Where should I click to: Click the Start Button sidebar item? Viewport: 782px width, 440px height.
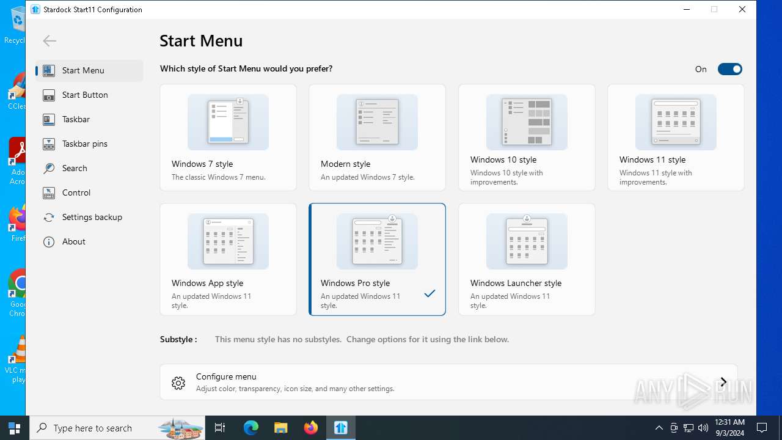(x=84, y=95)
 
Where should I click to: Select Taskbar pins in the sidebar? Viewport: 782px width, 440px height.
(x=84, y=144)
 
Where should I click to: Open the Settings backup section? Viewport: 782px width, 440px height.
(x=92, y=217)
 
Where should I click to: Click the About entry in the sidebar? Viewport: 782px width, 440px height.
(x=73, y=241)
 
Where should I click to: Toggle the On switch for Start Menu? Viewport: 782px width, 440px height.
(x=729, y=69)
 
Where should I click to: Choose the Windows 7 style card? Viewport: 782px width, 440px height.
(x=228, y=137)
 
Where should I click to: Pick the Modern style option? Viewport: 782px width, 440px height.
(x=377, y=137)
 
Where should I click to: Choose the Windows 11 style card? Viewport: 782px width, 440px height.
(x=676, y=137)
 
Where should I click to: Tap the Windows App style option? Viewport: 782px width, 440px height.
(x=228, y=259)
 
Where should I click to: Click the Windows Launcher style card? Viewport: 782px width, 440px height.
(x=527, y=259)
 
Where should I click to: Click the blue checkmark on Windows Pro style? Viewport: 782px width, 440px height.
(x=429, y=294)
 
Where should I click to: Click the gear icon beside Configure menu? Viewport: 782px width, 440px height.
(x=178, y=383)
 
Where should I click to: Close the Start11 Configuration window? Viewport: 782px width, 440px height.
(x=742, y=9)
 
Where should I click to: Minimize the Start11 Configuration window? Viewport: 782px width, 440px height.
(x=687, y=9)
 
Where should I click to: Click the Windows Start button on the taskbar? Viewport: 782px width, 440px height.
(x=15, y=428)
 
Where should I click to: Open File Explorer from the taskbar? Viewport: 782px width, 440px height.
(x=280, y=428)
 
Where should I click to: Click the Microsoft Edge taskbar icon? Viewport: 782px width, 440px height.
(x=251, y=428)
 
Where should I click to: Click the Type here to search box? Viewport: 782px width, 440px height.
(x=98, y=428)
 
